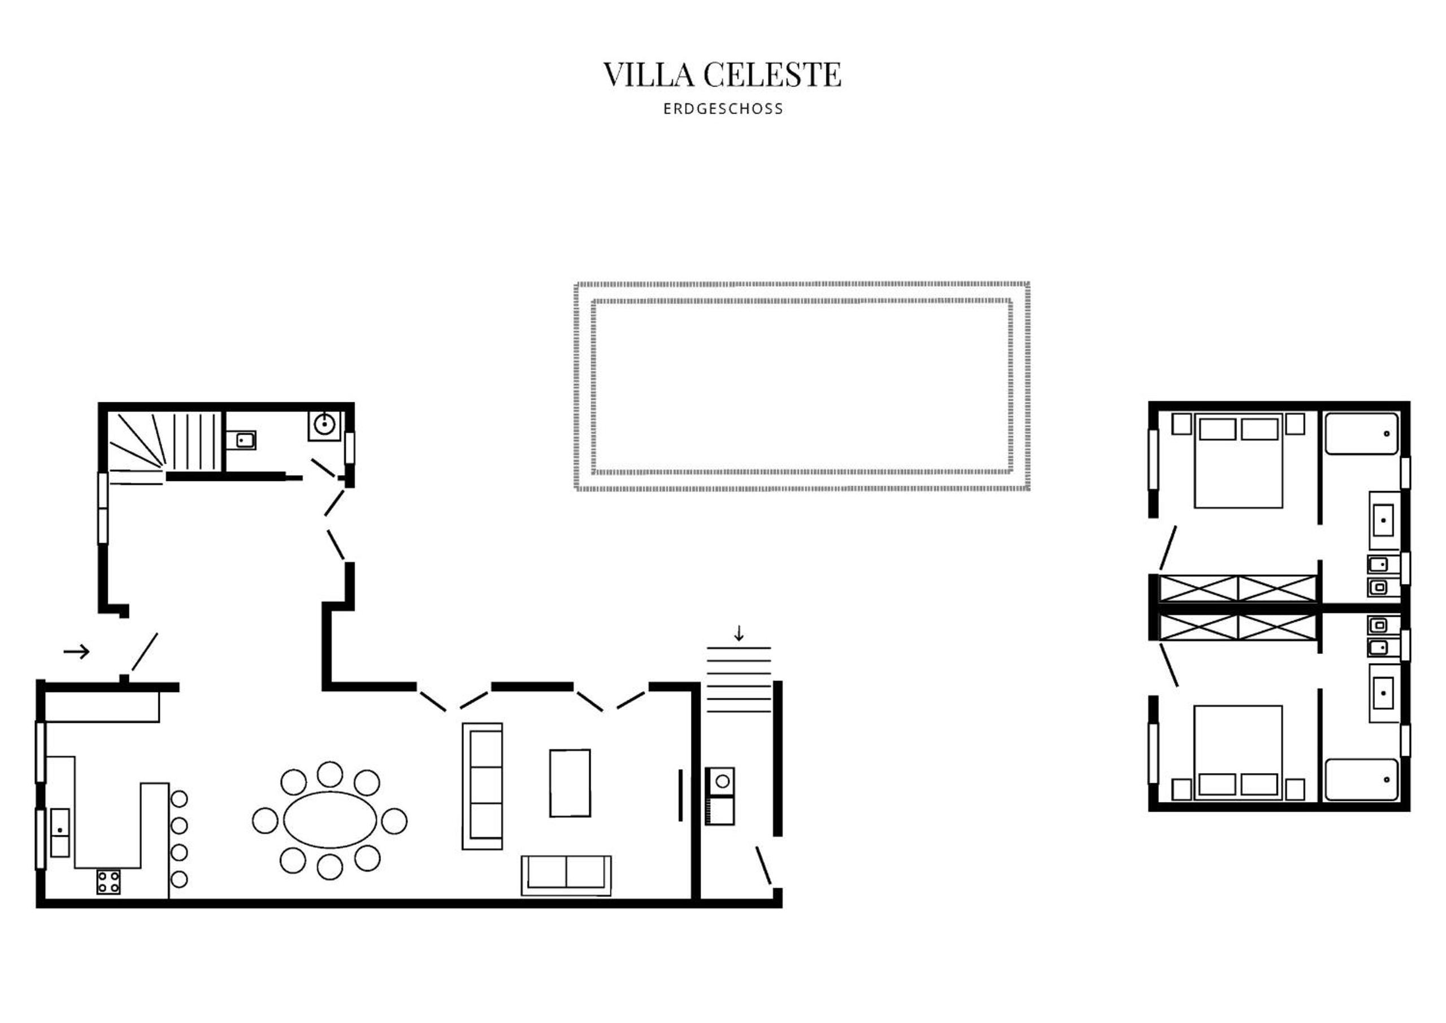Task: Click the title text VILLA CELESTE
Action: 722,75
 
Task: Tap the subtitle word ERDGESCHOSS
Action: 723,109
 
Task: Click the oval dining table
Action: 330,820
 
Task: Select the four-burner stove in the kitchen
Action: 108,881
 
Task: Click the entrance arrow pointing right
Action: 77,651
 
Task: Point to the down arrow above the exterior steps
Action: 739,633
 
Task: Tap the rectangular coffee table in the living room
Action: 570,783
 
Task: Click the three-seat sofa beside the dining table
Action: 483,786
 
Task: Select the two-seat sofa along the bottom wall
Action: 566,875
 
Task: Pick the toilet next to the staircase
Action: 242,440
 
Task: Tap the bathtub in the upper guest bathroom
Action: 1362,434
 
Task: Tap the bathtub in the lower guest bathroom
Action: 1362,779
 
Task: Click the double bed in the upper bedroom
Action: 1238,460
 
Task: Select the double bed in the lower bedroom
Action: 1238,753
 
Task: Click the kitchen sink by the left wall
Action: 60,833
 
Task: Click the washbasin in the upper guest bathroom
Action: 1384,521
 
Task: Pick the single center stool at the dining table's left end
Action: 265,820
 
